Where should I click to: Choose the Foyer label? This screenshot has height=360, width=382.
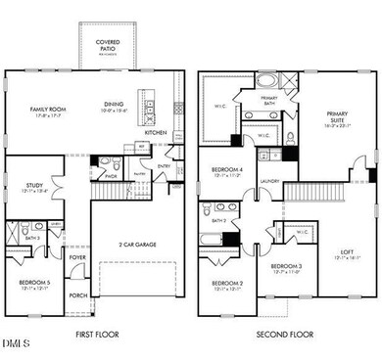[x=76, y=259]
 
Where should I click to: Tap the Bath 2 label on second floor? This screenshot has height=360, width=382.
[x=217, y=221]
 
